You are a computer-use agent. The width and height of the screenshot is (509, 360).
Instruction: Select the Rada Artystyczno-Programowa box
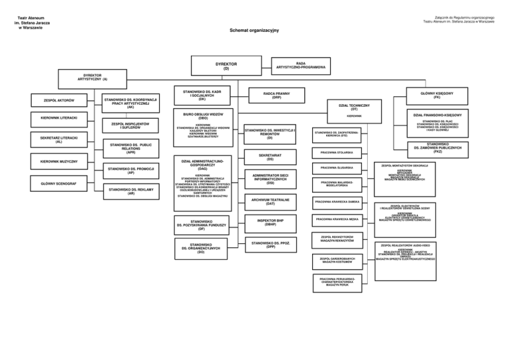tap(302, 65)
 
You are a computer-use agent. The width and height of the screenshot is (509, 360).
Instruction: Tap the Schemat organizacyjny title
tap(254, 30)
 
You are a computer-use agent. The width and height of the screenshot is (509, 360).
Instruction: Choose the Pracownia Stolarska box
tap(337, 152)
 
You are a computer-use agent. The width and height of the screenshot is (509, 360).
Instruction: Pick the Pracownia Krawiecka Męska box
tap(337, 219)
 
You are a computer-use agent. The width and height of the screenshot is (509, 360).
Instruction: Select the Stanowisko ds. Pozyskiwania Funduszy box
tap(201, 225)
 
